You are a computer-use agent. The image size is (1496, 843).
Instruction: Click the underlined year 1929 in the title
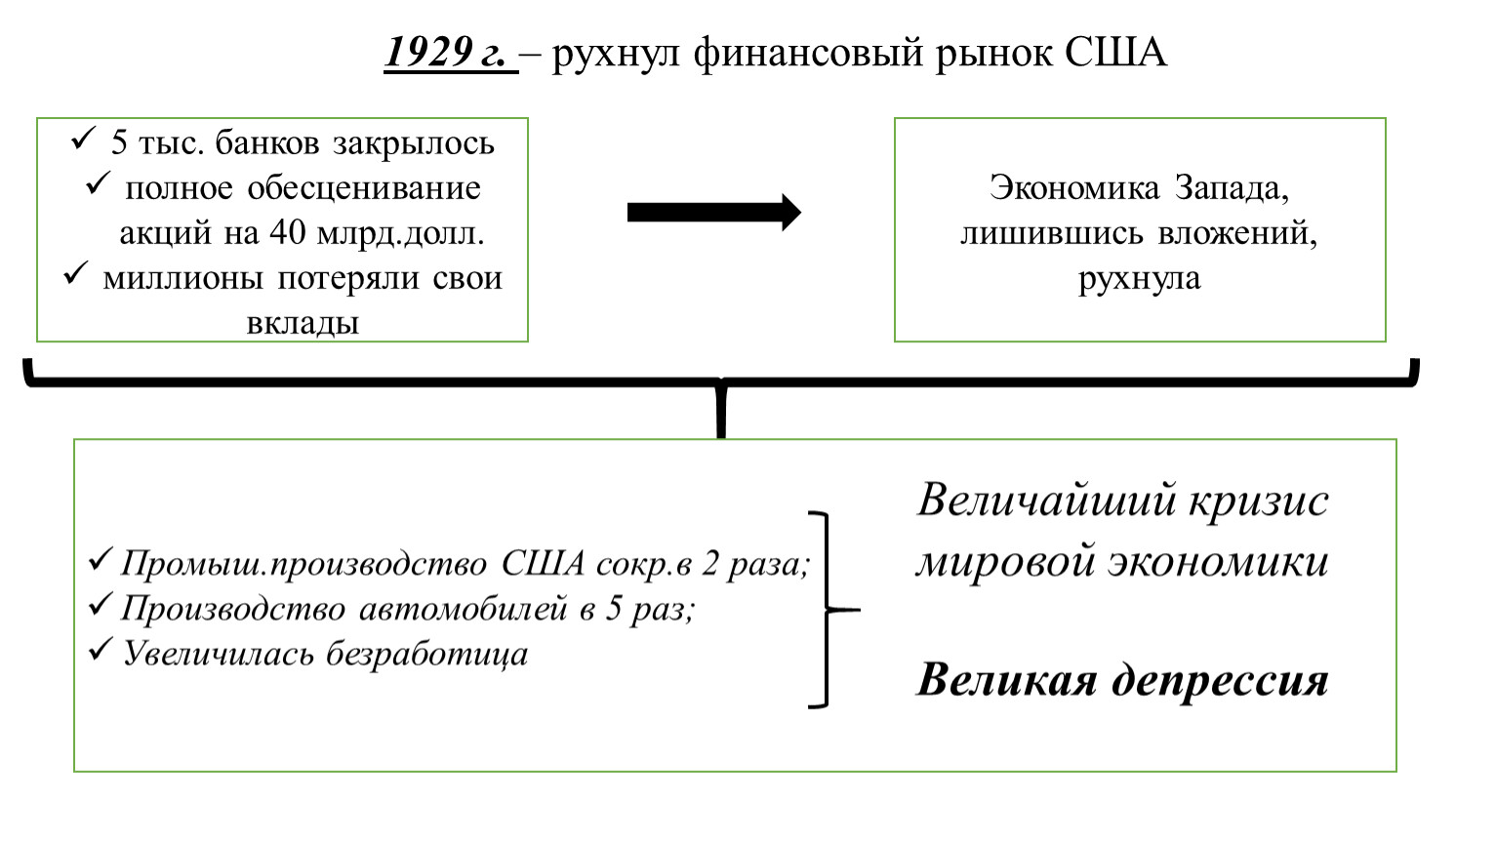coord(427,52)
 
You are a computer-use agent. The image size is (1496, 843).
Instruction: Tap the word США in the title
coord(1115,52)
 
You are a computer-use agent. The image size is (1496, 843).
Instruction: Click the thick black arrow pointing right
coord(714,213)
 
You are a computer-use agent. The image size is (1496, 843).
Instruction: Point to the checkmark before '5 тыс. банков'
coord(84,139)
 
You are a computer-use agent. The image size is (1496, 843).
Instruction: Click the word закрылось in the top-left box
coord(414,143)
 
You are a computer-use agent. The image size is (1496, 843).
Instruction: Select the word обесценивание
coord(364,188)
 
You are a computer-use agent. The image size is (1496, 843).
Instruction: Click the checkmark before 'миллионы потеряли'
coord(76,274)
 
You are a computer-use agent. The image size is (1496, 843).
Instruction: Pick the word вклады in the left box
coord(303,323)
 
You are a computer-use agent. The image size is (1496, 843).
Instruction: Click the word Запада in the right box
coord(1233,188)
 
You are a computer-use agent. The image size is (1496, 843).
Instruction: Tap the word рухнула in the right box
coord(1140,279)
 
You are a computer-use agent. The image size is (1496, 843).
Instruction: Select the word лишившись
coord(1052,234)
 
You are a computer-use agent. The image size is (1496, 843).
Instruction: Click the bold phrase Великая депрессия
coord(1122,681)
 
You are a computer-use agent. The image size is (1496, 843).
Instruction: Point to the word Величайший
coord(1046,500)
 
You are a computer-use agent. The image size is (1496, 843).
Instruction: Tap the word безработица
coord(427,654)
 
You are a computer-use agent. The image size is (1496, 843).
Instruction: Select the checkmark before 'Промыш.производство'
coord(101,560)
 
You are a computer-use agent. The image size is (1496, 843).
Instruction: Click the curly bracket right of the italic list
coord(829,610)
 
